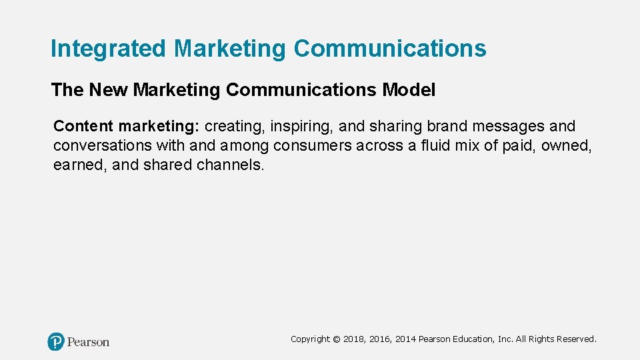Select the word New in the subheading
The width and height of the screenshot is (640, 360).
pos(106,90)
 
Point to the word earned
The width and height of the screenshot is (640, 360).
pos(80,165)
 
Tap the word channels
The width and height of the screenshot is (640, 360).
pos(230,165)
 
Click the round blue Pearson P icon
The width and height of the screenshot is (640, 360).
pos(56,342)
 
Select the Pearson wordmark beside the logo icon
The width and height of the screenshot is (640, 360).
pos(88,342)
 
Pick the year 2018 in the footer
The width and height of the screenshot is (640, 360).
pos(353,339)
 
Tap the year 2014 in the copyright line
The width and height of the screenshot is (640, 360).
pos(405,339)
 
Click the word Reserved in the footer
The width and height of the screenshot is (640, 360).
pos(574,339)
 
